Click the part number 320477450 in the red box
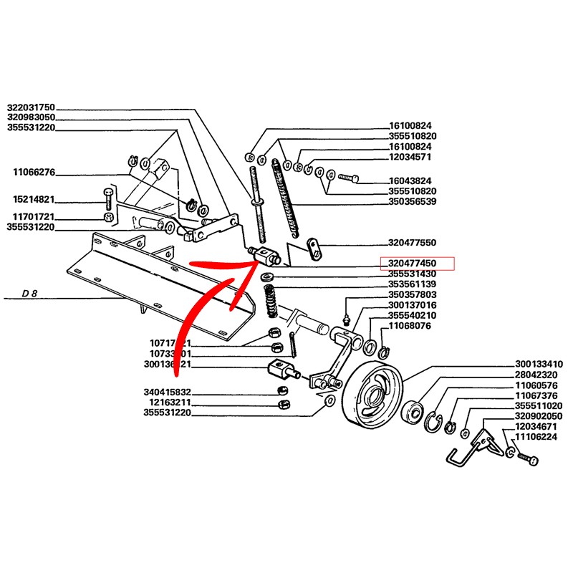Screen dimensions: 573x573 [416, 263]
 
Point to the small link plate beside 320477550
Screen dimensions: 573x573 [313, 248]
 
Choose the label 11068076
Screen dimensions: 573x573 [409, 327]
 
